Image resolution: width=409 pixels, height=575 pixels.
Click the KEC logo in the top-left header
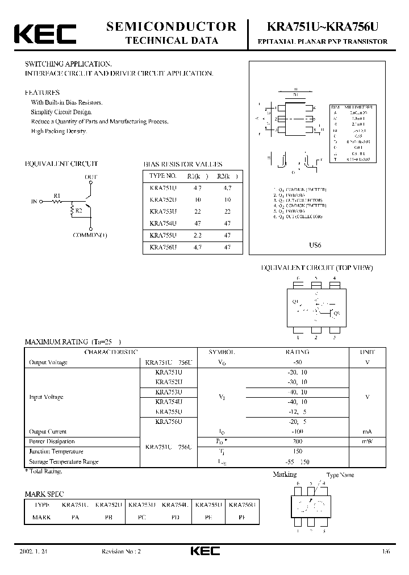tap(45, 34)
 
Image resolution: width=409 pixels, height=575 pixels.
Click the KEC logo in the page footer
tap(204, 551)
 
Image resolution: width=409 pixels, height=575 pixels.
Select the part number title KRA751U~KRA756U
tap(322, 27)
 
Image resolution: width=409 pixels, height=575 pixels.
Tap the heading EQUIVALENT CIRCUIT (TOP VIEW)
tap(316, 268)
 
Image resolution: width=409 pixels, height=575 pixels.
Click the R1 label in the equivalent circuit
tap(57, 195)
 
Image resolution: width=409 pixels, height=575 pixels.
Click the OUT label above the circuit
tap(91, 177)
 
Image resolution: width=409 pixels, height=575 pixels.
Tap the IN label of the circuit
tap(34, 201)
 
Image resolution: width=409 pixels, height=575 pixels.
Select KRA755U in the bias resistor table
tap(163, 236)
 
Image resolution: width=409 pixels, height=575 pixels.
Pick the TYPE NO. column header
tap(163, 176)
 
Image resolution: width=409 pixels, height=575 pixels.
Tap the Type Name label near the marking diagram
tap(340, 475)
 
